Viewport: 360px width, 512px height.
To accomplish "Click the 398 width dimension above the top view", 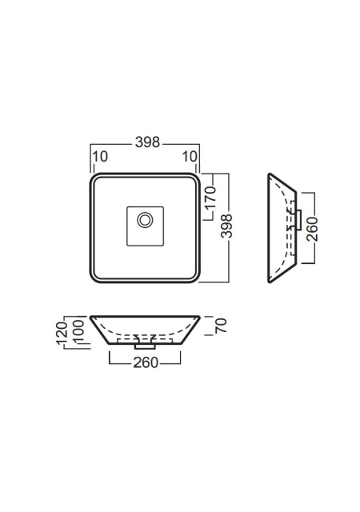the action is pyautogui.click(x=147, y=142).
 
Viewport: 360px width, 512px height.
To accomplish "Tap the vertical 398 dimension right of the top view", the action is pyautogui.click(x=226, y=226).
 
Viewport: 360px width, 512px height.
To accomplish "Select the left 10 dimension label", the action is pyautogui.click(x=100, y=157).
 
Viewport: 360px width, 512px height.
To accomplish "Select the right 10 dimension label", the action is pyautogui.click(x=190, y=157).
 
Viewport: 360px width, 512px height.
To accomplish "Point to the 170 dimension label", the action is pyautogui.click(x=211, y=198).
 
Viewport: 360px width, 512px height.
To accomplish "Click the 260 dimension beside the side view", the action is pyautogui.click(x=312, y=230).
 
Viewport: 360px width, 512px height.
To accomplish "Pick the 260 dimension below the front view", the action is pyautogui.click(x=146, y=362).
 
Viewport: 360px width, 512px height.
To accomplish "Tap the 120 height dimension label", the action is pyautogui.click(x=62, y=333).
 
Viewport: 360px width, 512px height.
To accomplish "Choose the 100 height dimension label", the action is pyautogui.click(x=78, y=332).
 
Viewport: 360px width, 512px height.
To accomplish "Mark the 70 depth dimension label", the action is pyautogui.click(x=221, y=326).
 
